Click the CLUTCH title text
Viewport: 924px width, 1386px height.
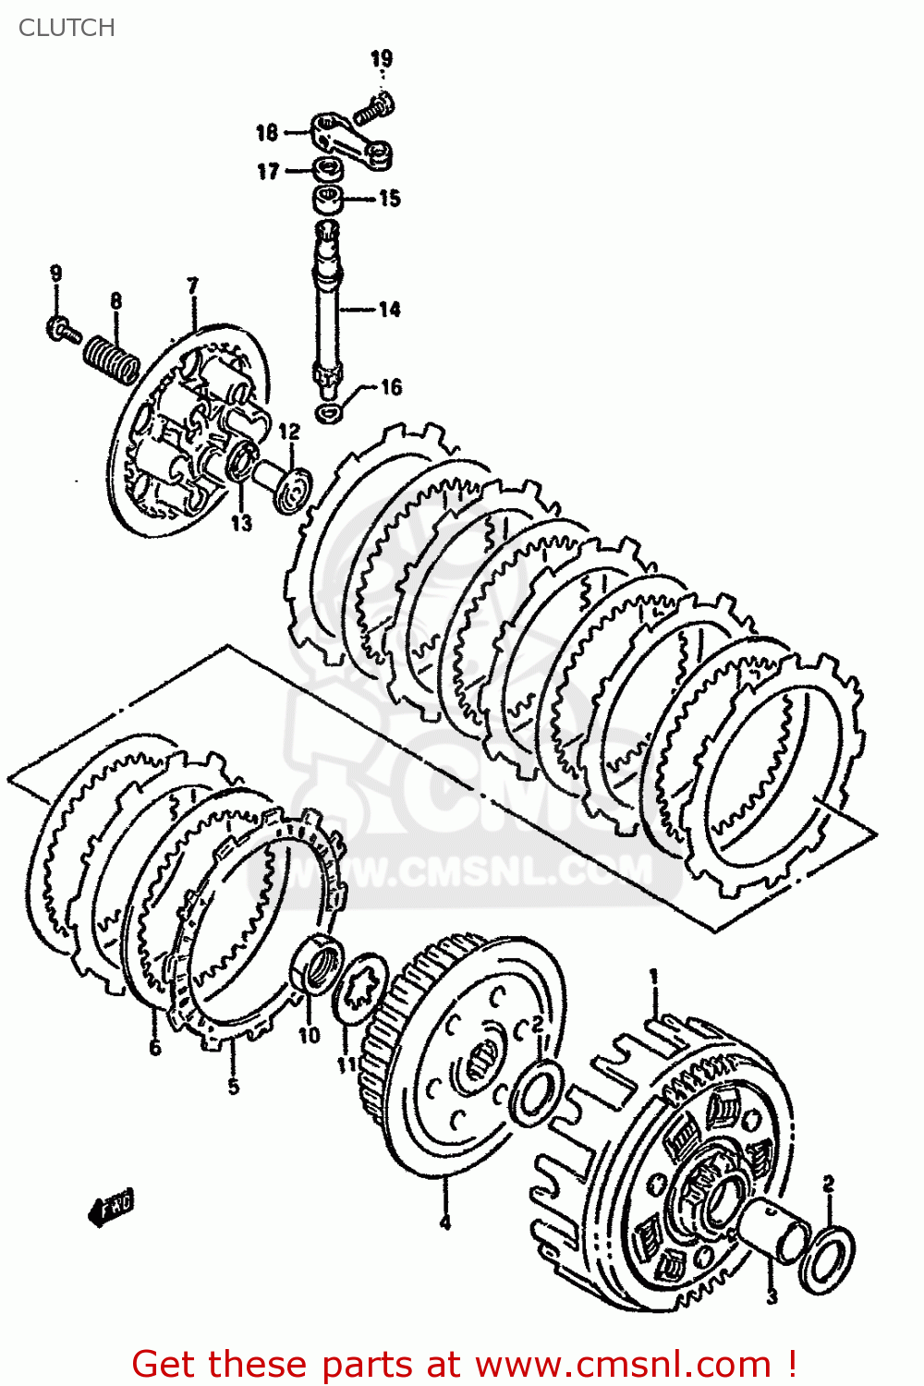67,28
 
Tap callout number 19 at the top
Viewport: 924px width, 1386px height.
382,59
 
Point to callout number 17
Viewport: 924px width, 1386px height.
268,172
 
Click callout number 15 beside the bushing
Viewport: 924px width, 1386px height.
390,199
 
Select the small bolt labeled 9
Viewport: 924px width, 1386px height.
62,329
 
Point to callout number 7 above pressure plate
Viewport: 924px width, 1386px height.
192,286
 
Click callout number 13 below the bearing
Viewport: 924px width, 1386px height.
241,524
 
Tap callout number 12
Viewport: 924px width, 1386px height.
289,432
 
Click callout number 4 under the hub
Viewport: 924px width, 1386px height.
445,1222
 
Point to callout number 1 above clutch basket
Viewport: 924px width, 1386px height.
654,976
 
